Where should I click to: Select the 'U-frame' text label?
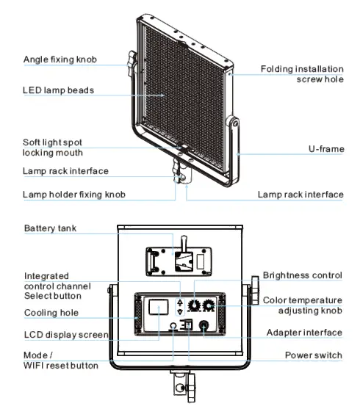pos(325,149)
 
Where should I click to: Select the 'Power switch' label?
pos(314,355)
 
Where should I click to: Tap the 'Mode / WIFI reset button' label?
pos(60,360)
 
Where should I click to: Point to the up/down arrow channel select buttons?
pos(180,306)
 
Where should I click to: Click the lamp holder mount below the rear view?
pos(179,385)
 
